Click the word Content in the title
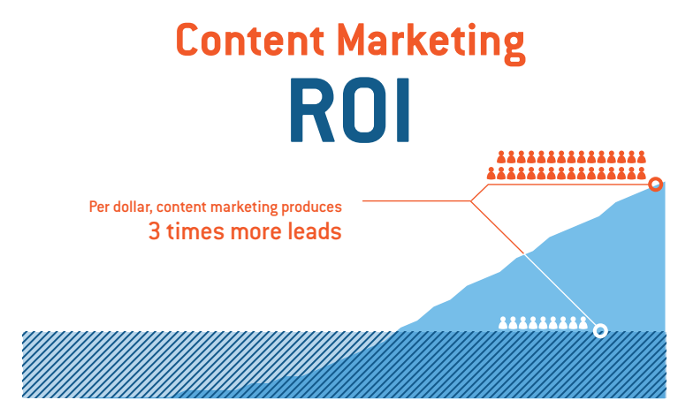(x=250, y=40)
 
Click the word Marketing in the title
(x=430, y=43)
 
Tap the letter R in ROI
(x=312, y=110)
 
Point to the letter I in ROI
(x=402, y=110)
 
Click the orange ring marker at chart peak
(x=656, y=185)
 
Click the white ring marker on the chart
(x=600, y=331)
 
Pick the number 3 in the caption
(x=155, y=231)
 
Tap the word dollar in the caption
(x=131, y=208)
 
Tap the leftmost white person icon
(x=503, y=322)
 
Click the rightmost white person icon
(x=583, y=322)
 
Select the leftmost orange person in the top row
(x=501, y=157)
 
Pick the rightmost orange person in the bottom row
(x=641, y=173)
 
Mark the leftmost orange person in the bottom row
(x=491, y=173)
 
